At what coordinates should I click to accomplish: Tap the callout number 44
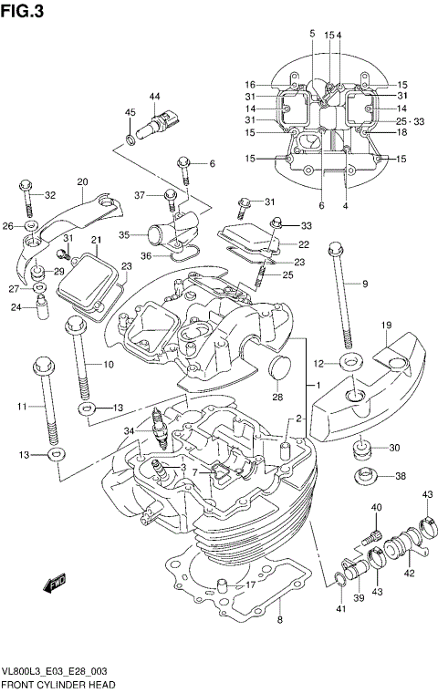point(154,97)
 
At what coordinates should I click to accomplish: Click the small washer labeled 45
point(132,138)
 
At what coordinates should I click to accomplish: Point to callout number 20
point(82,181)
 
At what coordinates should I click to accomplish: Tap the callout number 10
point(108,365)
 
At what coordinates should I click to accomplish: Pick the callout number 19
point(386,326)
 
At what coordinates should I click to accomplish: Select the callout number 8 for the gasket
point(280,620)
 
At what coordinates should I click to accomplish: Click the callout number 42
point(410,574)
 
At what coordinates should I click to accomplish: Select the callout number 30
point(394,447)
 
